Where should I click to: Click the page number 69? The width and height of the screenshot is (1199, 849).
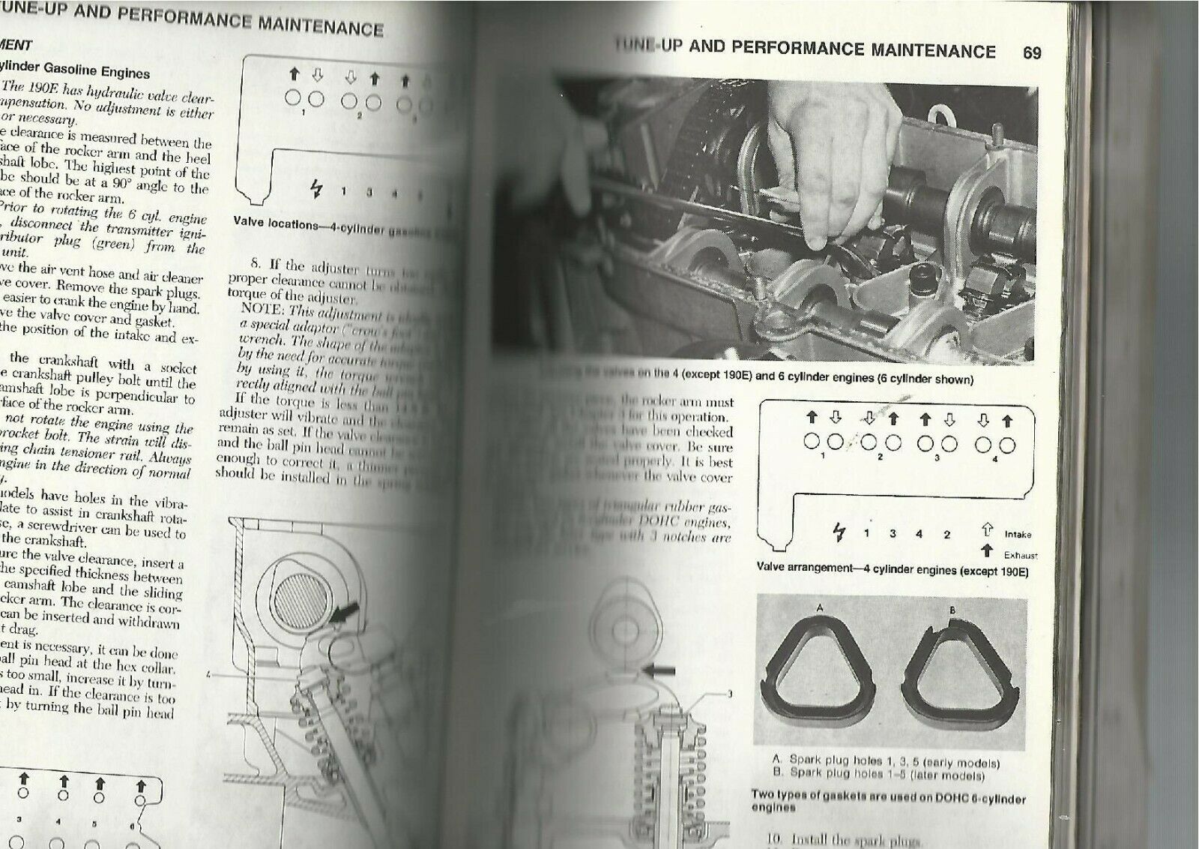click(1031, 52)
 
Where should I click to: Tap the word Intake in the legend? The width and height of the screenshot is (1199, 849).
click(1018, 535)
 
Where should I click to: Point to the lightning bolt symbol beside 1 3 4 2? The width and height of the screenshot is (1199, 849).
click(839, 533)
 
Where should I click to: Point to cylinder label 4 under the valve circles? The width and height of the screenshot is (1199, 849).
click(994, 460)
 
